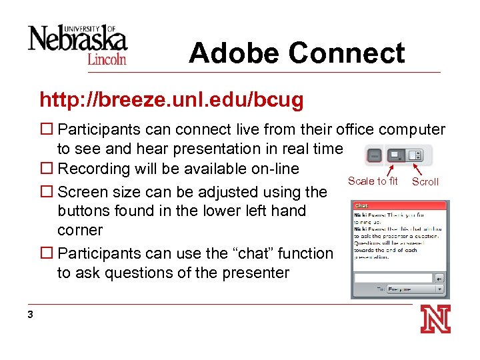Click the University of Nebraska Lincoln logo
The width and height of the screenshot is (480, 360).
click(77, 43)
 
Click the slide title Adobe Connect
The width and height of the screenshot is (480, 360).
click(297, 53)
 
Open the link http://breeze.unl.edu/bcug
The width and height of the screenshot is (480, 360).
click(171, 101)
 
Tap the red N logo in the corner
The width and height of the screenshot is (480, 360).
click(435, 319)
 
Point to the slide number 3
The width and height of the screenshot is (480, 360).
click(31, 315)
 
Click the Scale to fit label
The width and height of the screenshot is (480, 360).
click(373, 181)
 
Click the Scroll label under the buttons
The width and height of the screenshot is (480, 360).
click(425, 182)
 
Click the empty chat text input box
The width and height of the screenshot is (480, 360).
click(393, 277)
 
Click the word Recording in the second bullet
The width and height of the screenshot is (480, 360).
click(92, 169)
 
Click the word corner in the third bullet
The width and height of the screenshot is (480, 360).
click(80, 230)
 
